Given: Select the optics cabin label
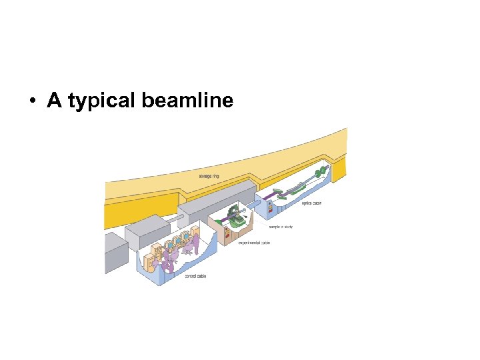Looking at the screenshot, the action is pos(311,202).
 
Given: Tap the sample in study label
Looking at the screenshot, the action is pos(281,227).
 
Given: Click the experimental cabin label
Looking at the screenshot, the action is pos(254,243).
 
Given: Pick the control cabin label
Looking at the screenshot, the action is pos(195,276).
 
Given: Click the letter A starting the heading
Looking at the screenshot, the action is pos(54,101).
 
